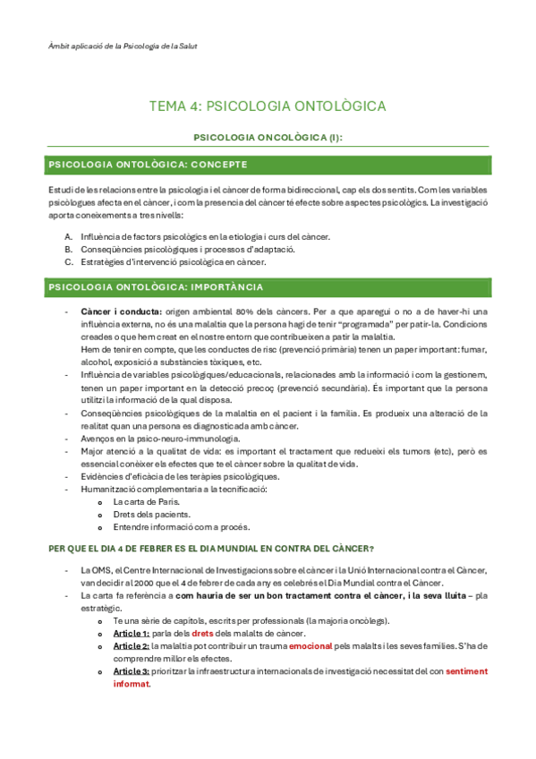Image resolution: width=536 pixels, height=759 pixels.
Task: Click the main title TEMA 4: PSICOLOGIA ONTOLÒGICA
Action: pyautogui.click(x=268, y=107)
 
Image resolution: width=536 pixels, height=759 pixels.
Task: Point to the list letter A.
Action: pyautogui.click(x=69, y=236)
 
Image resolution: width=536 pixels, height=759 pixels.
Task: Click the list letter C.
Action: pyautogui.click(x=69, y=262)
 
